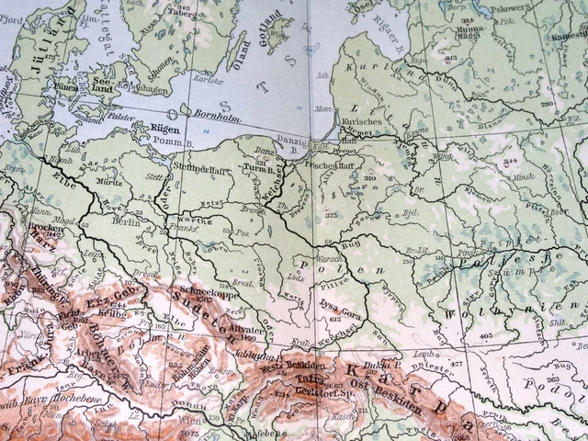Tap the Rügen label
point(151,130)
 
